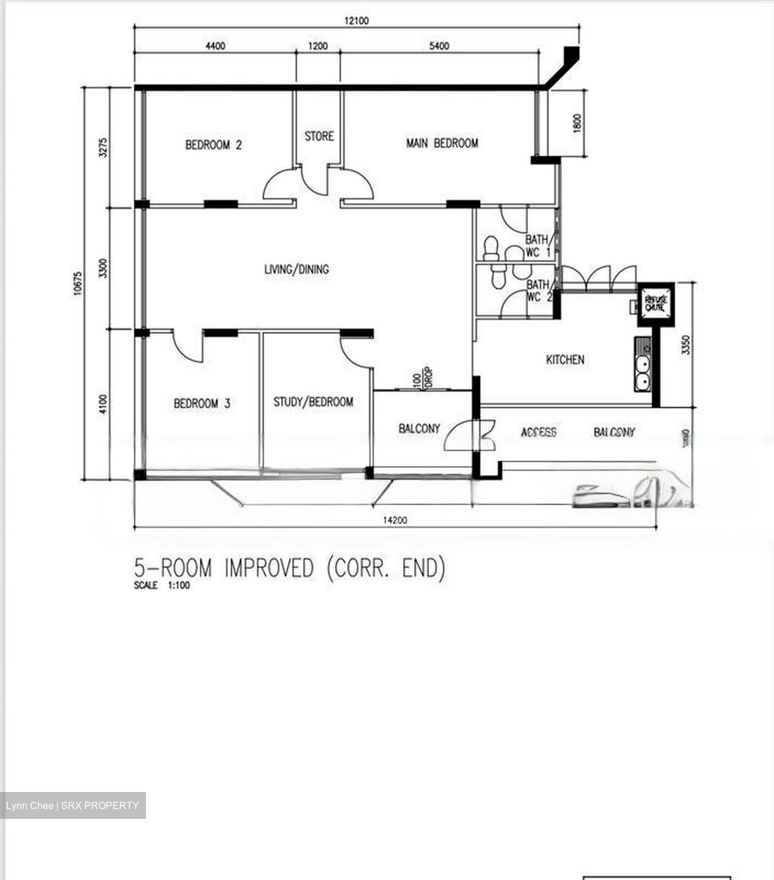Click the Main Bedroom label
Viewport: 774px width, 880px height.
click(x=442, y=143)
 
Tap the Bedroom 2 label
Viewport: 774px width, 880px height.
click(x=213, y=145)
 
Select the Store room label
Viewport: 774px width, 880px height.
click(x=319, y=136)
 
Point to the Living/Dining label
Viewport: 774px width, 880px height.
click(x=296, y=269)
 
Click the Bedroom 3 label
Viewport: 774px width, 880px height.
click(x=202, y=403)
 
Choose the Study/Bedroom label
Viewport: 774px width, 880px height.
click(x=313, y=402)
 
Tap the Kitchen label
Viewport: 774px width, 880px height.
click(x=564, y=359)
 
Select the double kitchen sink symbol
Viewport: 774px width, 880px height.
click(x=643, y=373)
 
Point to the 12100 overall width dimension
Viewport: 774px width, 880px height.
click(x=356, y=21)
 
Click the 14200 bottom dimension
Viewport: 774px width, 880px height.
click(x=395, y=521)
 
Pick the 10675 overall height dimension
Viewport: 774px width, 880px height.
click(x=78, y=284)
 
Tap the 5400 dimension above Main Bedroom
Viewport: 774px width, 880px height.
click(x=439, y=46)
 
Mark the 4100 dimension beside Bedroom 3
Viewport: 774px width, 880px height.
click(x=103, y=404)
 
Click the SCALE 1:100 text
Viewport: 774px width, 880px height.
click(x=162, y=585)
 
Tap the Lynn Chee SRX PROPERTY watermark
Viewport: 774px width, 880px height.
click(x=73, y=805)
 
